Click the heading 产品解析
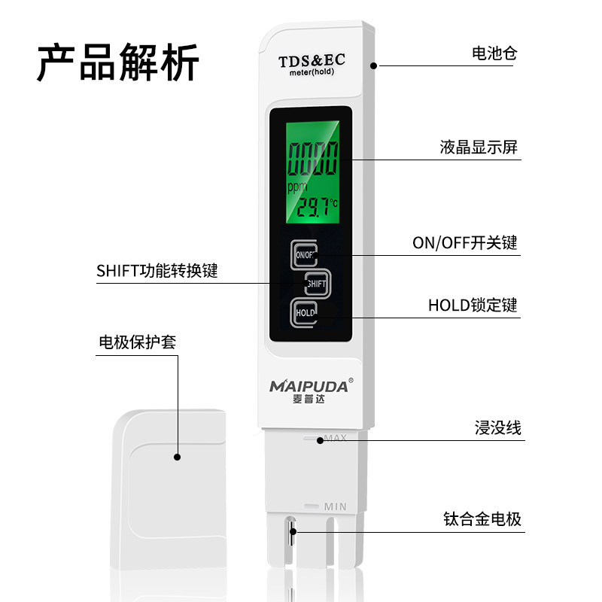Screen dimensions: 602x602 click(118, 62)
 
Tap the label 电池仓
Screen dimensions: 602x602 click(494, 53)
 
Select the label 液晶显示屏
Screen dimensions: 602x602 click(479, 147)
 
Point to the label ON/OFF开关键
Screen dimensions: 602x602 click(465, 243)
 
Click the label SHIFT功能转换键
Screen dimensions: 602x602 click(157, 271)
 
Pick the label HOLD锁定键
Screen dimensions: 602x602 click(473, 305)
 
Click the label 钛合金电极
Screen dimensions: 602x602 click(482, 519)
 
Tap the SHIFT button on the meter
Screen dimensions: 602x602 click(316, 284)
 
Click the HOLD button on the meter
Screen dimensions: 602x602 click(306, 312)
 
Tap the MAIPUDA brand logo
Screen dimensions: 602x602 click(309, 387)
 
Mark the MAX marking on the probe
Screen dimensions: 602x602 click(335, 438)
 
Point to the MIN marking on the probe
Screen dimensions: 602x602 click(335, 506)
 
